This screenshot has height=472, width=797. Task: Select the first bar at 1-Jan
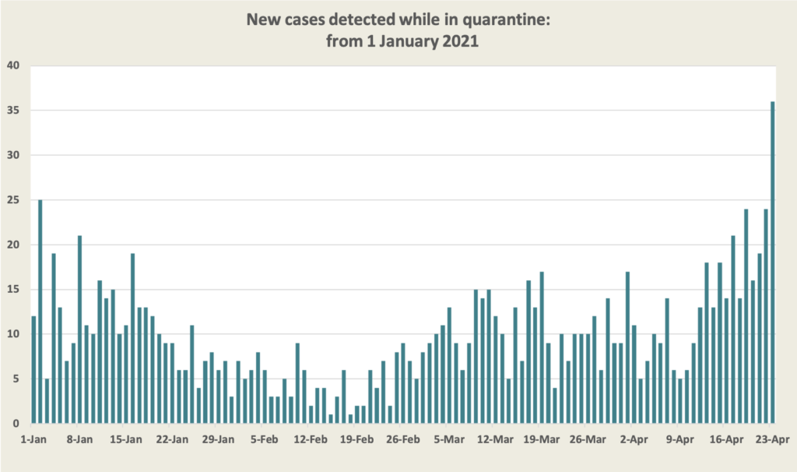(x=34, y=370)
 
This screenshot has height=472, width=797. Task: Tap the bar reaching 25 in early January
(x=40, y=312)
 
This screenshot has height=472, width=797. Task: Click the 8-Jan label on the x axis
(x=79, y=439)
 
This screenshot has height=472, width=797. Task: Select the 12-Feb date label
(x=310, y=439)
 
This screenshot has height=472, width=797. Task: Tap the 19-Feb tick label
(x=356, y=439)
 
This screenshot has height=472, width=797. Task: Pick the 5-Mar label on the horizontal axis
(x=448, y=439)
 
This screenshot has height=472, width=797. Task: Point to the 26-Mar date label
(x=589, y=439)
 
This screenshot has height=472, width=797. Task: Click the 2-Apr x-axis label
(x=635, y=439)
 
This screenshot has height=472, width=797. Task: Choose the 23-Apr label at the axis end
(x=774, y=439)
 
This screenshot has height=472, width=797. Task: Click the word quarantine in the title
(x=506, y=19)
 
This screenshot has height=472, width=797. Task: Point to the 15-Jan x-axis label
(x=125, y=439)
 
